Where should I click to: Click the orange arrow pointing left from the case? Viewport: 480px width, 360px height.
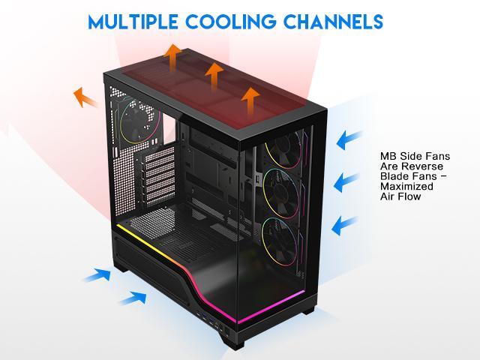pyautogui.click(x=85, y=97)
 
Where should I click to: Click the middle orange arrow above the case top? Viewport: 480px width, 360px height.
pyautogui.click(x=214, y=75)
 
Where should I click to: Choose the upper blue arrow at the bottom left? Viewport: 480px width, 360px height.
pyautogui.click(x=97, y=275)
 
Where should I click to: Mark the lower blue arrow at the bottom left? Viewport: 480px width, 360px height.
pyautogui.click(x=133, y=298)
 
